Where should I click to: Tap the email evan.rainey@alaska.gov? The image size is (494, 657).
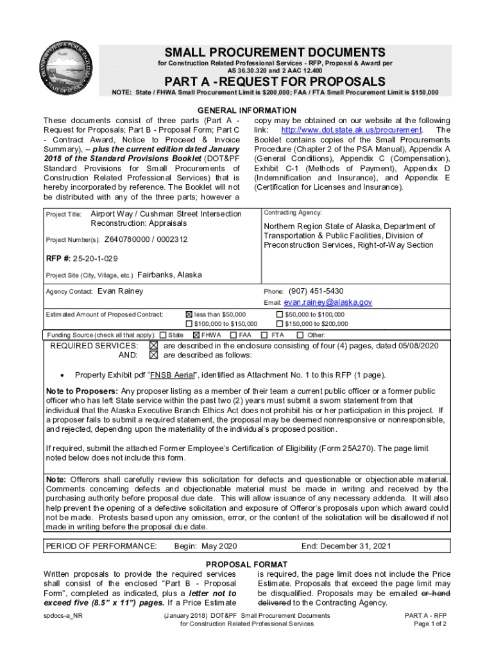click(x=328, y=302)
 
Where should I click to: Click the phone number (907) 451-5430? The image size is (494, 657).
click(x=316, y=291)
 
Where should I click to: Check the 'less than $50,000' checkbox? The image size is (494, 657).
click(x=189, y=314)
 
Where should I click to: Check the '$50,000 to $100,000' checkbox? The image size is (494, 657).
click(x=279, y=314)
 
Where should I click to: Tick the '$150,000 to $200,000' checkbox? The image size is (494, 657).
click(x=279, y=324)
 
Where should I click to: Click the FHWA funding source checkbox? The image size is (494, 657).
click(x=196, y=335)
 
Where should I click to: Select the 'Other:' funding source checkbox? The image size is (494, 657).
click(x=300, y=335)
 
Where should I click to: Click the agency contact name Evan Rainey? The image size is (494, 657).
click(x=121, y=291)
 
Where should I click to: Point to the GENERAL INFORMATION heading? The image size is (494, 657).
click(x=247, y=110)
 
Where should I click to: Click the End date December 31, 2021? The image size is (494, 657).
click(x=346, y=546)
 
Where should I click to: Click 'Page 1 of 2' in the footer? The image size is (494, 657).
click(x=430, y=624)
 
